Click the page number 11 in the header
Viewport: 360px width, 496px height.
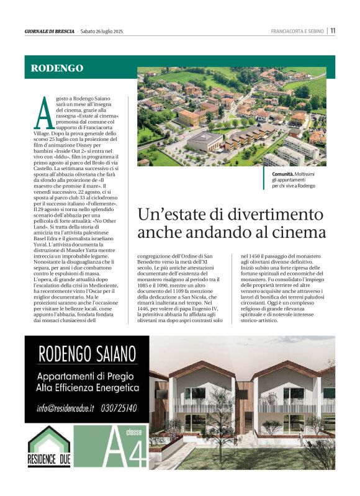[333, 30]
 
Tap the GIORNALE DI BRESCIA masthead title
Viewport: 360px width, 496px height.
[49, 31]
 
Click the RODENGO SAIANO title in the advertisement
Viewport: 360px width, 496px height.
[87, 354]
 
